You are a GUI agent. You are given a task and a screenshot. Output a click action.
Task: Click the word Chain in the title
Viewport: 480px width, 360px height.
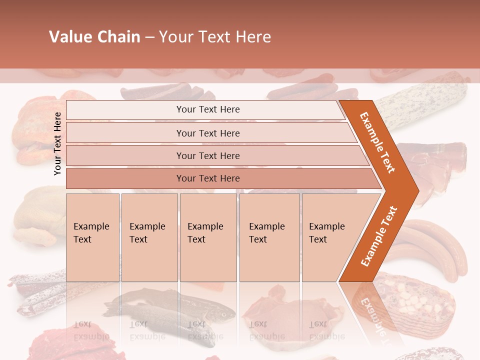[x=118, y=37]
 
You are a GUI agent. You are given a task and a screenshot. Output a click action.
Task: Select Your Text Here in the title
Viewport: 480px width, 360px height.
[x=215, y=37]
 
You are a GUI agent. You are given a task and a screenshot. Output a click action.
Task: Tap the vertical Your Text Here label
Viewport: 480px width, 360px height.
[x=57, y=143]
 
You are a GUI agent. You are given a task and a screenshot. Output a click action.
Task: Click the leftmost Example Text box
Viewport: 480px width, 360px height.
[x=92, y=237]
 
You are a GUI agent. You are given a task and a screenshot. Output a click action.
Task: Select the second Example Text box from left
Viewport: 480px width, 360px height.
[x=149, y=237]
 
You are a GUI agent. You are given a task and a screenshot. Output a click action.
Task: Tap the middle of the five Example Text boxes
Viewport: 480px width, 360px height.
[x=207, y=237]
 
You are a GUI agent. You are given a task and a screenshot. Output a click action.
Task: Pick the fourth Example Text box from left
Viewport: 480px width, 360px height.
[x=269, y=237]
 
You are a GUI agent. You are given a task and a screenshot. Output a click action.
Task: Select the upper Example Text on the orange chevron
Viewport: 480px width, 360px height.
[x=377, y=142]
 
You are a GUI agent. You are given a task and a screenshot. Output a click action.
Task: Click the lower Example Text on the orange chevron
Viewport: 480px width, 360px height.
[x=378, y=236]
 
